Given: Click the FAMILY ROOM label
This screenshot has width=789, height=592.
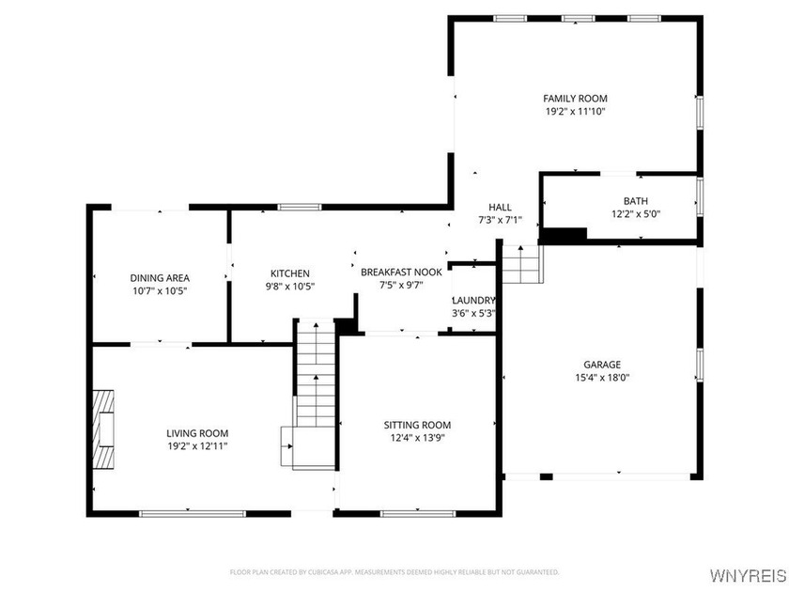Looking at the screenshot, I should [575, 99].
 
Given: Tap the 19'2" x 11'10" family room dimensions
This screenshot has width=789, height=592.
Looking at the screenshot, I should [575, 112].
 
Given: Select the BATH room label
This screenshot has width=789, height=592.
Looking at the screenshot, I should [635, 201].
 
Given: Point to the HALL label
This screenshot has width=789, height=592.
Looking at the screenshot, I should [500, 208].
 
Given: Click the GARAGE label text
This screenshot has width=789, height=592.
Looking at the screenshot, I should [602, 365].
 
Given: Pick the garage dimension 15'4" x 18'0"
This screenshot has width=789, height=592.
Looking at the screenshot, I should [602, 378].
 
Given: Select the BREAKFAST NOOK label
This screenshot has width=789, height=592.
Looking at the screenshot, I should [401, 272].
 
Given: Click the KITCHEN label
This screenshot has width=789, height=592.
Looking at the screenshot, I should [290, 273].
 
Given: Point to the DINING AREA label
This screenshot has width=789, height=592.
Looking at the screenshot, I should [160, 278].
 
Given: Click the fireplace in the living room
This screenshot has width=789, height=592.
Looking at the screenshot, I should [102, 428].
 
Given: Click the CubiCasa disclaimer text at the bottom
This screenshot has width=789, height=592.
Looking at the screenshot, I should [394, 571].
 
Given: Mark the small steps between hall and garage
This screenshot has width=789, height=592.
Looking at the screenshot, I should [522, 264].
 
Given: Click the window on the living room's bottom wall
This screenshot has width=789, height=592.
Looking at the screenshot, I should [193, 513].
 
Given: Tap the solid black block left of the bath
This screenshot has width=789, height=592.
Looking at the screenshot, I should [565, 235].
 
